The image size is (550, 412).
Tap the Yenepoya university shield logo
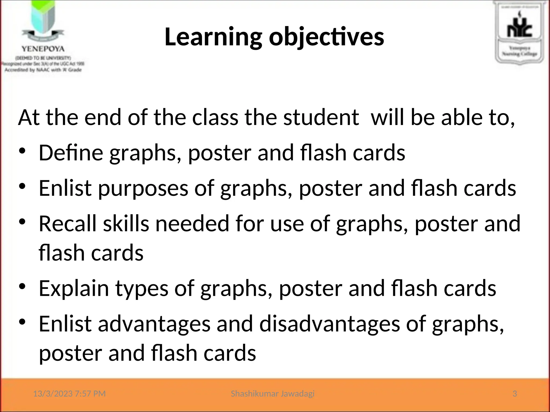[43, 21]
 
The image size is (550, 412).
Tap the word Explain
[74, 288]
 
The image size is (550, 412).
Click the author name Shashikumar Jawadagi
[273, 394]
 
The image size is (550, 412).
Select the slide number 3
[515, 394]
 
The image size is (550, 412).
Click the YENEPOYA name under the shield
[43, 49]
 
